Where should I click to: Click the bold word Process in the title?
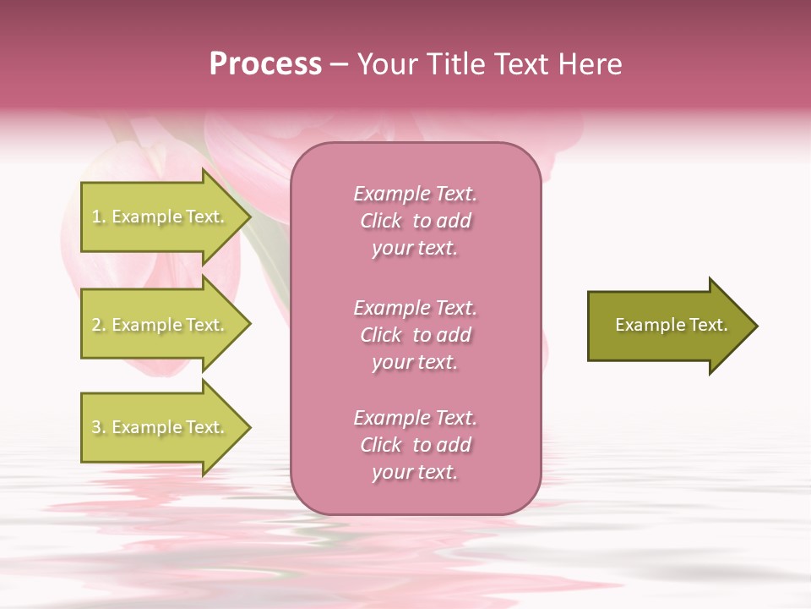point(265,64)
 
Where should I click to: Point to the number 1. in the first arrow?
point(99,217)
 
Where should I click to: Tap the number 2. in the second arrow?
point(99,325)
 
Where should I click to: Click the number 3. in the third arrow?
point(99,427)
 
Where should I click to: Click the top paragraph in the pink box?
point(415,221)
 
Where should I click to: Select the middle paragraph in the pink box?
point(415,335)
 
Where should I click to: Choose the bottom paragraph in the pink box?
point(415,445)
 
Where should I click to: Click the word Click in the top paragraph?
point(381,221)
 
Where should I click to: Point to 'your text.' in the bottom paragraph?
point(415,473)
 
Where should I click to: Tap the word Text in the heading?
point(522,64)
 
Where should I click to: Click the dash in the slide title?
point(339,64)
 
